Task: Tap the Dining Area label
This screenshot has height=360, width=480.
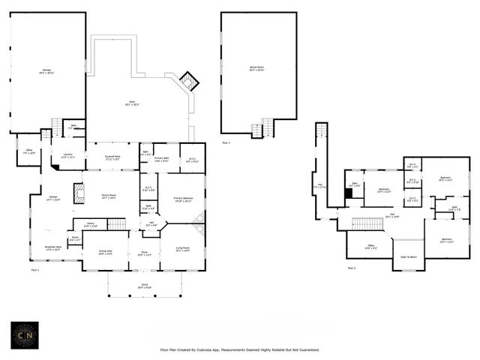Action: (106, 253)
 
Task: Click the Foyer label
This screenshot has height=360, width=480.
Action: (144, 254)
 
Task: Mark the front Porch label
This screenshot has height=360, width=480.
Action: (144, 287)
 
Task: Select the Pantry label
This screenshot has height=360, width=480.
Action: (90, 224)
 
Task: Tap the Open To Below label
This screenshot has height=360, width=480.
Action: (409, 257)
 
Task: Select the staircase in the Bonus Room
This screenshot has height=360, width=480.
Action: (259, 130)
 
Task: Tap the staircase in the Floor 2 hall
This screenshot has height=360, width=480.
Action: (367, 223)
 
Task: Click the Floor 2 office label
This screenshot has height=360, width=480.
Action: (370, 247)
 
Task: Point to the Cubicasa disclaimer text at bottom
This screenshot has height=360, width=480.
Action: (240, 350)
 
